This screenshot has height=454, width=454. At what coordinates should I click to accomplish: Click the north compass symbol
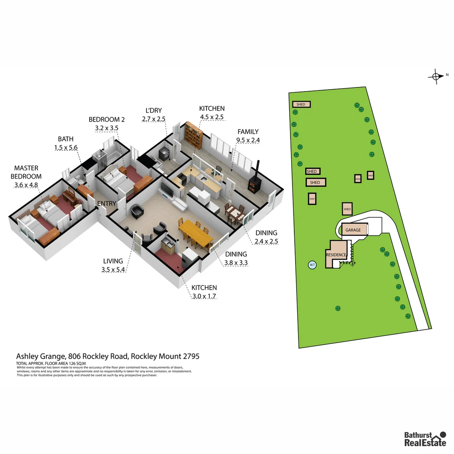click(436, 76)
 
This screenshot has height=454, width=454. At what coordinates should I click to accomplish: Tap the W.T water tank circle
click(312, 265)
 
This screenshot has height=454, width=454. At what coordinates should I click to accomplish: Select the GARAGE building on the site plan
click(353, 230)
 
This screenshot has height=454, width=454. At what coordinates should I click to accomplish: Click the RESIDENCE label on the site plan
click(336, 255)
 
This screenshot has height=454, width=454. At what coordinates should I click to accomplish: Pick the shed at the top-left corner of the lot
click(301, 104)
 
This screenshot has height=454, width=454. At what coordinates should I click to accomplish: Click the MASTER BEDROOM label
click(26, 173)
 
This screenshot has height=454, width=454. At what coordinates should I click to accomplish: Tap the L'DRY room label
click(153, 111)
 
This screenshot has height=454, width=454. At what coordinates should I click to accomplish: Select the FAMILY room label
click(248, 132)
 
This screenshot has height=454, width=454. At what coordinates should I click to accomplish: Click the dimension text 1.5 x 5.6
click(66, 148)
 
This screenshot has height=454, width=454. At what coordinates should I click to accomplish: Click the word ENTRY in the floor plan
click(106, 204)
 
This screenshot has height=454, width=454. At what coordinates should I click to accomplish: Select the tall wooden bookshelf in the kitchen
click(194, 134)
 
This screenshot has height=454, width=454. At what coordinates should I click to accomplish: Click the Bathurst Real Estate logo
click(425, 438)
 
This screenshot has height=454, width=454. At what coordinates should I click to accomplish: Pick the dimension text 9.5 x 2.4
click(248, 140)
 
